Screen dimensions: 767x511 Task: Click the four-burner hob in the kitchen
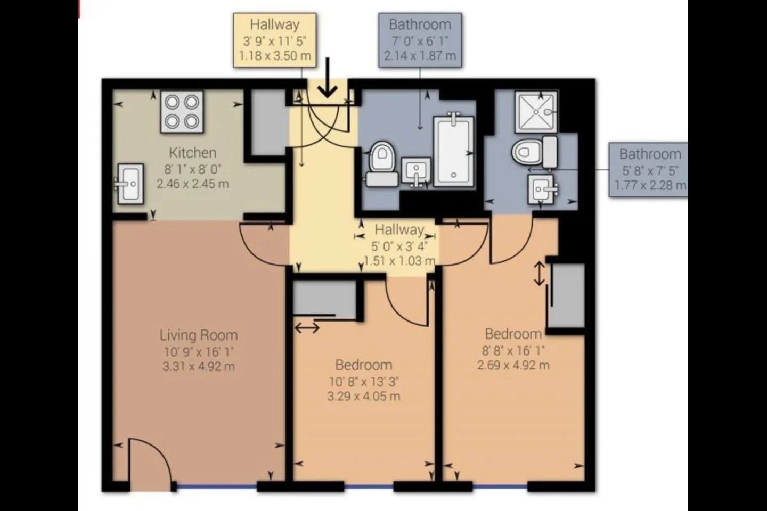pyautogui.click(x=182, y=112)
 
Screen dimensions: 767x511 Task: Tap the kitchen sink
pyautogui.click(x=129, y=184)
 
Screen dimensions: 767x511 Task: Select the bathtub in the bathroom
pyautogui.click(x=454, y=151)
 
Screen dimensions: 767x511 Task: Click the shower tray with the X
pyautogui.click(x=536, y=112)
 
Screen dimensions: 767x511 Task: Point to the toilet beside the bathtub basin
pyautogui.click(x=382, y=164)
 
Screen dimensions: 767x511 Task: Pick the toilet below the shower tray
pyautogui.click(x=535, y=152)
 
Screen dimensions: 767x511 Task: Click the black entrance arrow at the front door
pyautogui.click(x=328, y=78)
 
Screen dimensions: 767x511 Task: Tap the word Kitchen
pyautogui.click(x=193, y=153)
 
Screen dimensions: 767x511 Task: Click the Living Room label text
pyautogui.click(x=199, y=335)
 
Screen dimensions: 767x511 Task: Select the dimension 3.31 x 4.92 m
pyautogui.click(x=199, y=367)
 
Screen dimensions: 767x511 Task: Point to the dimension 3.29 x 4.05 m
pyautogui.click(x=364, y=397)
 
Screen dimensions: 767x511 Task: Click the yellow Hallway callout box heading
pyautogui.click(x=275, y=24)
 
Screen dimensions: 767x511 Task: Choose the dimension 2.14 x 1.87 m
pyautogui.click(x=420, y=55)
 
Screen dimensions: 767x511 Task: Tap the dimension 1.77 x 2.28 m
pyautogui.click(x=650, y=185)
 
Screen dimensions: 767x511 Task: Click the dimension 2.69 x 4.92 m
pyautogui.click(x=513, y=365)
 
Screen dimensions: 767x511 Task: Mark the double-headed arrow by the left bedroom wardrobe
pyautogui.click(x=307, y=328)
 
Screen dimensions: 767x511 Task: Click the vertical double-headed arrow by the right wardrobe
pyautogui.click(x=539, y=274)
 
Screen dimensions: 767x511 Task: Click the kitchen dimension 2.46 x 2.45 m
pyautogui.click(x=193, y=184)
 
